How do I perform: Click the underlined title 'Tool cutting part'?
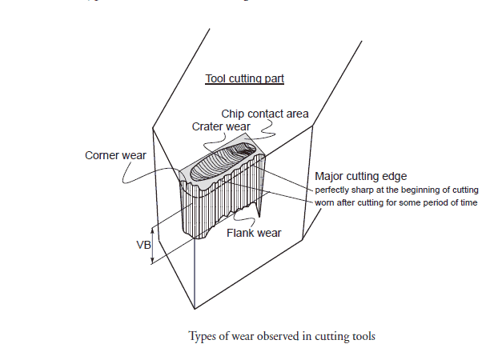point(245,78)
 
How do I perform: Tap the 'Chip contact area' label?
point(265,114)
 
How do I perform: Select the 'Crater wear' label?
point(221,126)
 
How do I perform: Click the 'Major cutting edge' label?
point(361,176)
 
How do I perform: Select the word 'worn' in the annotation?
point(324,202)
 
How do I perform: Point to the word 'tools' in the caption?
point(362,336)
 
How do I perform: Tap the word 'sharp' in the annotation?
point(365,190)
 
